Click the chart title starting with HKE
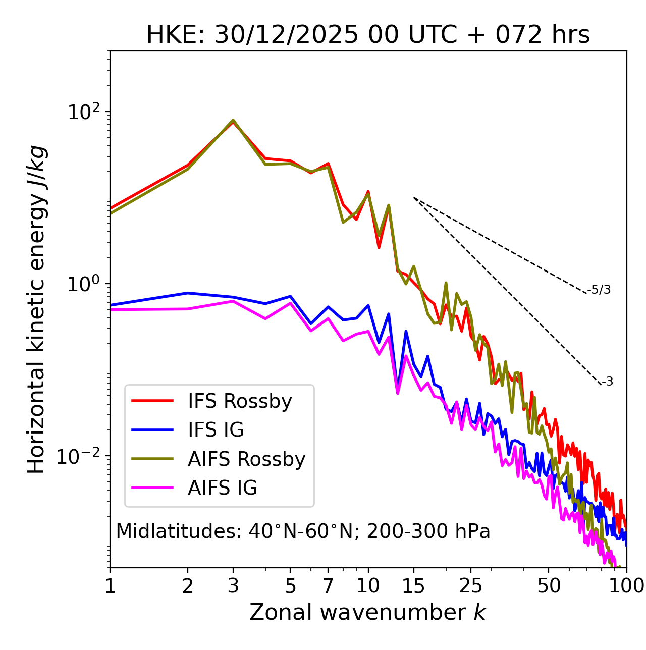click(368, 35)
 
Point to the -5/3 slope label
click(599, 290)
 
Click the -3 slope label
click(607, 382)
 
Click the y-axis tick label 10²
click(84, 112)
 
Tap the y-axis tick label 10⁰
click(84, 284)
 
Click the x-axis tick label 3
click(233, 586)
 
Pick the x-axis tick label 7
click(328, 586)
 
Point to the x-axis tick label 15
click(413, 586)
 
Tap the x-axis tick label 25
click(471, 586)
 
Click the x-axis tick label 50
click(549, 586)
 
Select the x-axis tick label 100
click(626, 586)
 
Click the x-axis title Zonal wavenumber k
click(368, 612)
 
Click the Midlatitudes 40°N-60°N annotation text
click(303, 531)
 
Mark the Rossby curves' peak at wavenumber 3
click(233, 121)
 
